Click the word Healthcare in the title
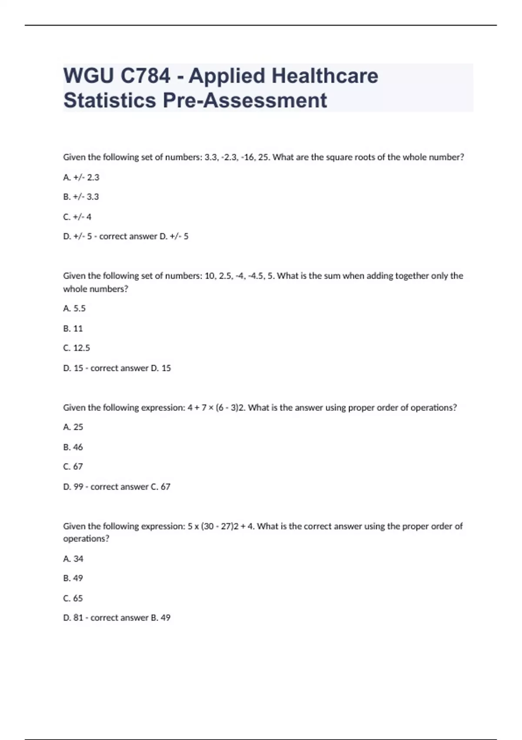(x=325, y=76)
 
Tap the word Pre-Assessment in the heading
(x=245, y=101)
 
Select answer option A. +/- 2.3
(x=81, y=177)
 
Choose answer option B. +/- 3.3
(x=81, y=197)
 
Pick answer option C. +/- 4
(x=77, y=217)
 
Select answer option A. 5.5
(x=74, y=308)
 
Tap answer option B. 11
(x=73, y=328)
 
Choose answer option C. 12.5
(x=77, y=348)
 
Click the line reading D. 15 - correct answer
(x=117, y=368)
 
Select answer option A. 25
(x=73, y=427)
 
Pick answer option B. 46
(x=73, y=447)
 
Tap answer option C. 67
(x=73, y=467)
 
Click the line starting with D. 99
(x=117, y=487)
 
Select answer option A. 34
(x=73, y=558)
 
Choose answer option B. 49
(x=73, y=578)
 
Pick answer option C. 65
(x=73, y=598)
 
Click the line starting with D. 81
(x=117, y=618)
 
